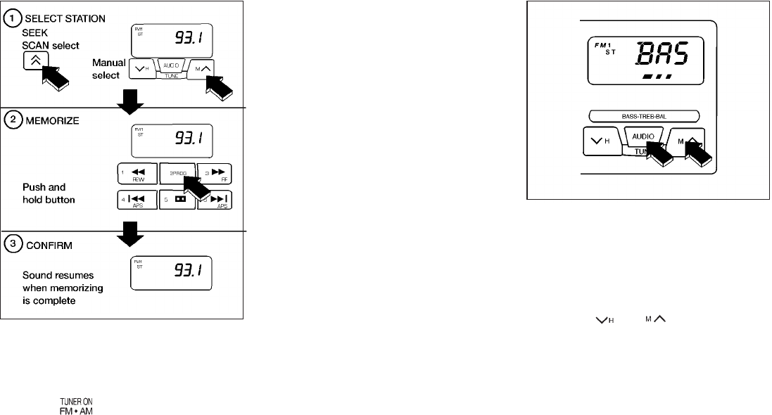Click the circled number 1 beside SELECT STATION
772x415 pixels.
(12, 18)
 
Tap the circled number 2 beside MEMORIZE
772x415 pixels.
(12, 120)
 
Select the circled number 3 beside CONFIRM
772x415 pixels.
(12, 247)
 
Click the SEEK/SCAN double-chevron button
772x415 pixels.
(33, 61)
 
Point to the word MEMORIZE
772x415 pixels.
(49, 120)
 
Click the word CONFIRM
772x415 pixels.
(46, 247)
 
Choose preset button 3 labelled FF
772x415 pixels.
(214, 174)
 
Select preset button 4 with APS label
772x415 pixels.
(136, 201)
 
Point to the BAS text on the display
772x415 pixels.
(662, 53)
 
